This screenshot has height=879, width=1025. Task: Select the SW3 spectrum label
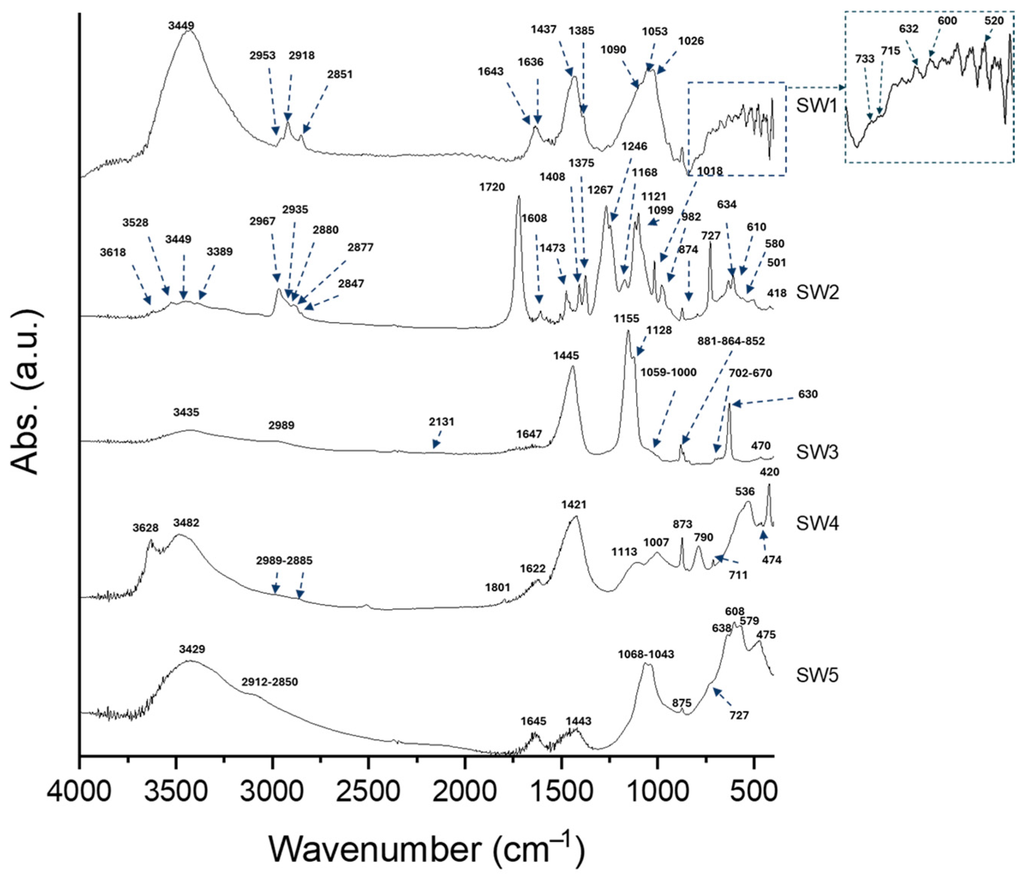point(817,452)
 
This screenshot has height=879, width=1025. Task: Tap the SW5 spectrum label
point(817,676)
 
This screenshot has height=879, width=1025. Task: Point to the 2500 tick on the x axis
point(369,758)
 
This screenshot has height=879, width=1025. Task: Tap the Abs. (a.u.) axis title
point(25,391)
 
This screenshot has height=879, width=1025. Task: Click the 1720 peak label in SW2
point(492,187)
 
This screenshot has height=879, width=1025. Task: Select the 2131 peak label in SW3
point(441,422)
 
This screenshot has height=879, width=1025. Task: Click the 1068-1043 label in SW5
point(646,654)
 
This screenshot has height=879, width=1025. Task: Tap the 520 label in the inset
point(994,21)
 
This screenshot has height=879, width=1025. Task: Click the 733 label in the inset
point(865,59)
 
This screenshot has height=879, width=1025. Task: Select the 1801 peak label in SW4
point(497,587)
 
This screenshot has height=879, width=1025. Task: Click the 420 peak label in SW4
point(769,472)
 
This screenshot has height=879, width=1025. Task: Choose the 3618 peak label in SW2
point(113,252)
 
